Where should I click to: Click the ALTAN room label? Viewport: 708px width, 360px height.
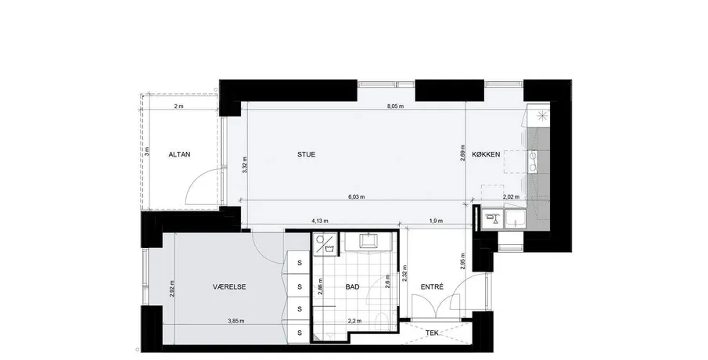coord(179,154)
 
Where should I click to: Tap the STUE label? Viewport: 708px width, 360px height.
coord(306,154)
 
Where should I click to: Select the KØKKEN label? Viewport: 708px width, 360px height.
coord(486,154)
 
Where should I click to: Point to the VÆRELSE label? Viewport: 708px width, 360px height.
coord(229,286)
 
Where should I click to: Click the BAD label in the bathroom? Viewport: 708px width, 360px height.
coord(353,286)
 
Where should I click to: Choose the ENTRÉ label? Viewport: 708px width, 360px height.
coord(432,286)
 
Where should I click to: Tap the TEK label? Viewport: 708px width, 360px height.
coord(432,333)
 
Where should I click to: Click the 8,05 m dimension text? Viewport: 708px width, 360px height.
coord(395,106)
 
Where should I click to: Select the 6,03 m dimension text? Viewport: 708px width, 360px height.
coord(357,197)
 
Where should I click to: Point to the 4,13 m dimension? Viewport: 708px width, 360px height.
coord(320,221)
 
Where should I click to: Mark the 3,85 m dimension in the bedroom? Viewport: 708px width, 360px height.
coord(235,321)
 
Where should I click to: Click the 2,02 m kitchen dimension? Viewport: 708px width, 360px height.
coord(511,197)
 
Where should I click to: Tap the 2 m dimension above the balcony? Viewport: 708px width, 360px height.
coord(179,106)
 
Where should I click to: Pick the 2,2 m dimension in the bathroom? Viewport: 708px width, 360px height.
coord(354,321)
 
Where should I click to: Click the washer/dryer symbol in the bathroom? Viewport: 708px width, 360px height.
coord(325,244)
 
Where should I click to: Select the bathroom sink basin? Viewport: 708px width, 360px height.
coord(370,241)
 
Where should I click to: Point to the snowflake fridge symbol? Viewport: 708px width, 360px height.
coord(541,115)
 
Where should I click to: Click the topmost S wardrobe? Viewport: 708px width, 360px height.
coord(299,264)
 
